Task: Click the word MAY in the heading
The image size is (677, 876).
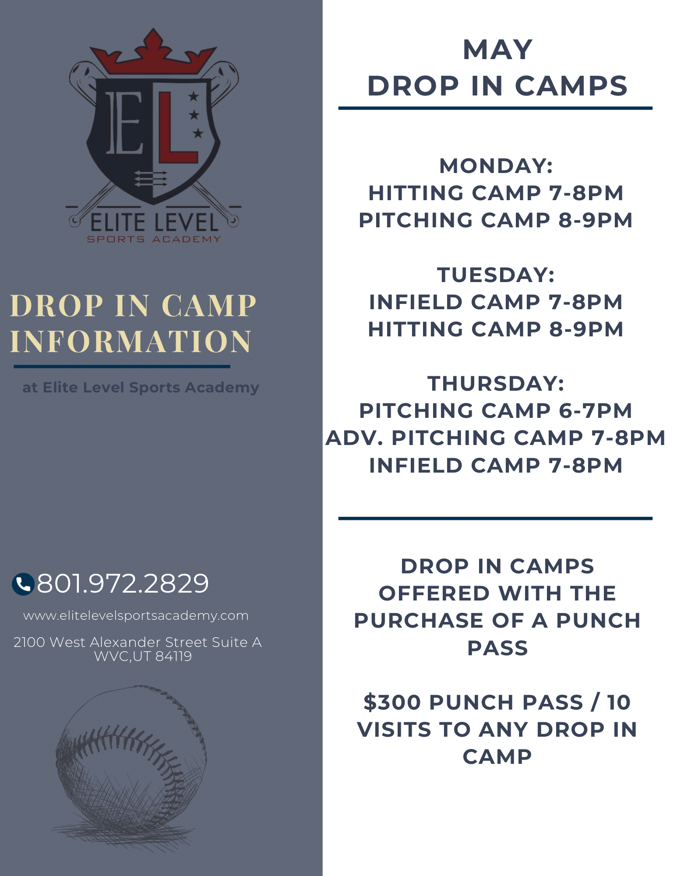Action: [x=497, y=49]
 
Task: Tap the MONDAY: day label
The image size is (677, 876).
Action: [x=496, y=166]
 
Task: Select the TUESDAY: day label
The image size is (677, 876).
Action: [x=496, y=275]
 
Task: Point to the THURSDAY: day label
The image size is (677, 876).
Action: [x=496, y=384]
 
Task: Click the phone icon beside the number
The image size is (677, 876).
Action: [x=23, y=584]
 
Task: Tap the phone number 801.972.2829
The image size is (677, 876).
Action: [x=123, y=583]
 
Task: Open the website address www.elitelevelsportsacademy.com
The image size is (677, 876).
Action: [x=136, y=616]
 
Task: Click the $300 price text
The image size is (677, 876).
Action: [x=392, y=703]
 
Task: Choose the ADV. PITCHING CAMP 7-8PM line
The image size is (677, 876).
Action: [x=496, y=438]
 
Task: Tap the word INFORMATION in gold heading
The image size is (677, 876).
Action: [x=131, y=342]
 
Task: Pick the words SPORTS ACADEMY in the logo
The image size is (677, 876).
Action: [x=154, y=239]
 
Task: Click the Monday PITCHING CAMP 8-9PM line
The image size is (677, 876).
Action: [x=496, y=220]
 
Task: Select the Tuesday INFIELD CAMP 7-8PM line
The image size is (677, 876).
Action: [x=496, y=302]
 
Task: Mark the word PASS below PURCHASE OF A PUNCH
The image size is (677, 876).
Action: [x=497, y=648]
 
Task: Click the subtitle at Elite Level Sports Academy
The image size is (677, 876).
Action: [x=141, y=388]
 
